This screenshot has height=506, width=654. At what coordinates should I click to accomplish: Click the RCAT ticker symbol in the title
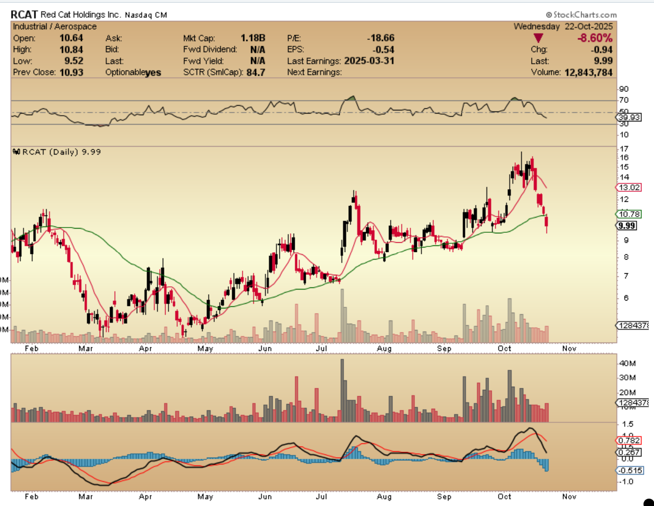click(x=24, y=15)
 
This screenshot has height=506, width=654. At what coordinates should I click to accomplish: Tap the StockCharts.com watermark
click(x=582, y=15)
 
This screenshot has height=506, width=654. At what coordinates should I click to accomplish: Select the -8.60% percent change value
click(x=595, y=38)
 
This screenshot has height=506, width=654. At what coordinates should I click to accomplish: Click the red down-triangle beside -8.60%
click(x=538, y=38)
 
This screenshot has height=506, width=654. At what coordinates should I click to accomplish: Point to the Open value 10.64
click(x=71, y=38)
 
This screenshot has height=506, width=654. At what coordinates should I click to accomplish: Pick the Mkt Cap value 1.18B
click(x=253, y=38)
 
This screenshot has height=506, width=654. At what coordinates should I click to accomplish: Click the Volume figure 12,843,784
click(x=588, y=73)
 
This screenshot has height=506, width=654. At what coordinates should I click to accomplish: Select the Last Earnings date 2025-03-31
click(x=369, y=61)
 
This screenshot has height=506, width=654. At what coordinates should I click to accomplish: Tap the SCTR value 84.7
click(x=255, y=73)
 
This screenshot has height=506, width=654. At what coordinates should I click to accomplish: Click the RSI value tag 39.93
click(x=629, y=117)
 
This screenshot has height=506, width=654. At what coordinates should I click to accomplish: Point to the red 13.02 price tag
click(x=629, y=188)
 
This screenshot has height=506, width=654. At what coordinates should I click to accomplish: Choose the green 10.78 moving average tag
click(x=629, y=214)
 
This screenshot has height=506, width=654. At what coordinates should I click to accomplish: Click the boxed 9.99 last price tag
click(x=627, y=226)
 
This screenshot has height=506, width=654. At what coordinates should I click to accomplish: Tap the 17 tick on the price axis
click(x=624, y=149)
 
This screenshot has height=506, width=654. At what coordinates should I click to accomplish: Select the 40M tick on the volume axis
click(x=627, y=363)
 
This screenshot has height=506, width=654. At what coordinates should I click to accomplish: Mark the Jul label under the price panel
click(x=321, y=348)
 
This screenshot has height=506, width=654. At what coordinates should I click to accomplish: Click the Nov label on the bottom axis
click(x=569, y=497)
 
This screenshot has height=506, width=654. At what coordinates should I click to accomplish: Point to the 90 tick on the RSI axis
click(x=624, y=89)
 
